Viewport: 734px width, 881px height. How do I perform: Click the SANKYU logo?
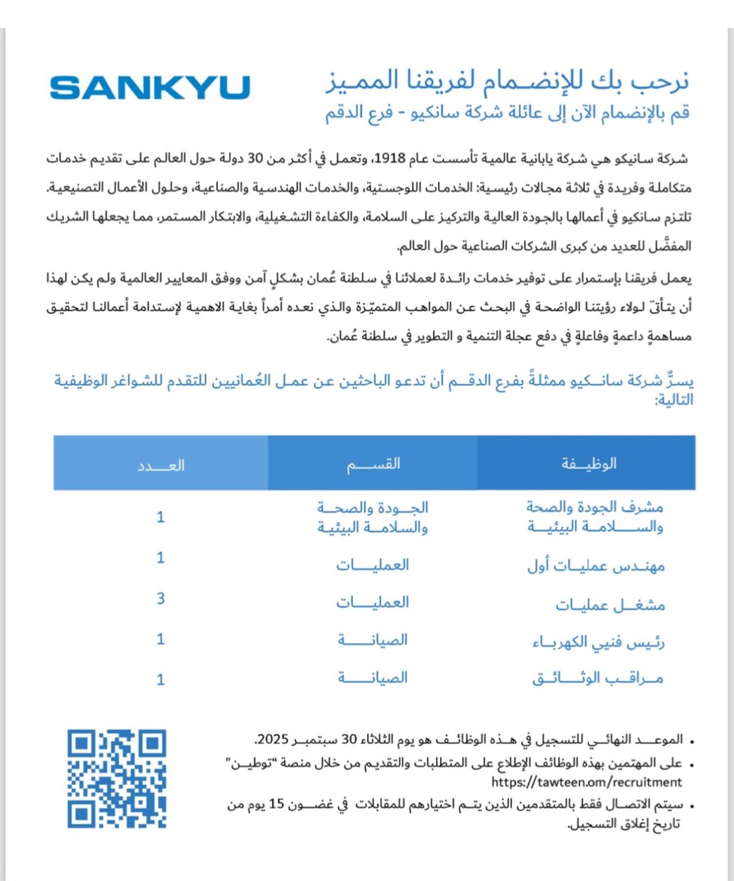[149, 87]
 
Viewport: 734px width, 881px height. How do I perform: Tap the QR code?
[117, 779]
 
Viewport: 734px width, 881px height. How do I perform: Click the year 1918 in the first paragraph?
[390, 159]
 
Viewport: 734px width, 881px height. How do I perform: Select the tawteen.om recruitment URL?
[587, 782]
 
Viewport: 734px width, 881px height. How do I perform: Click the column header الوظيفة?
[589, 464]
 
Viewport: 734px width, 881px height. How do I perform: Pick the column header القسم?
[373, 464]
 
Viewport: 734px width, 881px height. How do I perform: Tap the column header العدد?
[161, 465]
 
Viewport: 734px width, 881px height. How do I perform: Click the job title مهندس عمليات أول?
[596, 565]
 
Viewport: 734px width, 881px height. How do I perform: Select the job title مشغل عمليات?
[610, 605]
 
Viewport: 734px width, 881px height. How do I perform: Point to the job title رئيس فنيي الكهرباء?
[598, 642]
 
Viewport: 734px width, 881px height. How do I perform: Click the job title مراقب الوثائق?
[598, 679]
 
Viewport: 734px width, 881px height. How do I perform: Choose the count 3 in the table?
[161, 598]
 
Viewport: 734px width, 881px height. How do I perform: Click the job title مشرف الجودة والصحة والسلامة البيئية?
[595, 516]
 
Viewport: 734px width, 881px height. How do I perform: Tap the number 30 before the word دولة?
[255, 159]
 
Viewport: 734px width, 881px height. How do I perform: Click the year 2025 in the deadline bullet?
[273, 739]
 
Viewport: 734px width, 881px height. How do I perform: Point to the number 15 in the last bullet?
[277, 804]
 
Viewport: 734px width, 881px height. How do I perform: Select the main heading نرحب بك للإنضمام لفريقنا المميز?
[507, 80]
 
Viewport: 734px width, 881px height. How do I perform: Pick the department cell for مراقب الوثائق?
[373, 677]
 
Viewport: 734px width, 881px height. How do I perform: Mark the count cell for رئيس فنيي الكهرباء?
[161, 639]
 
